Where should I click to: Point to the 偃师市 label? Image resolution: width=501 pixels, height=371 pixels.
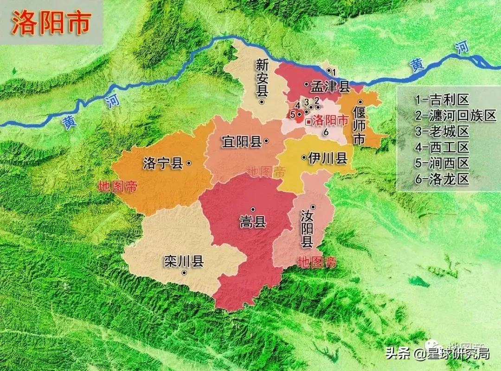tap(360, 125)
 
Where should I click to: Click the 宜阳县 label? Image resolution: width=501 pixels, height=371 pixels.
tap(242, 141)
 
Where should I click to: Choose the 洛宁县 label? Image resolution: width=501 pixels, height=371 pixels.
tap(163, 163)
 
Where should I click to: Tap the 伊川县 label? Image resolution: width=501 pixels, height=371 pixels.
tap(328, 158)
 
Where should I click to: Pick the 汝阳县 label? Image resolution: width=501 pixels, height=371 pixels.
tap(306, 228)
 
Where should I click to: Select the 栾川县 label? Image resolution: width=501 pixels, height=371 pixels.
tap(184, 262)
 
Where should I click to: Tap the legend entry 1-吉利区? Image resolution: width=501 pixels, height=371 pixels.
tap(442, 99)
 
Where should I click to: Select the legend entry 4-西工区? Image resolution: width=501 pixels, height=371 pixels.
tap(442, 147)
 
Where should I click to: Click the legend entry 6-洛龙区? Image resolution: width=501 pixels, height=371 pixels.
tap(442, 179)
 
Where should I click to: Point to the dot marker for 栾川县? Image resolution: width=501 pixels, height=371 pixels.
tap(184, 273)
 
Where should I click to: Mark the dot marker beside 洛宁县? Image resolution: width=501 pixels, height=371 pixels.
tap(188, 163)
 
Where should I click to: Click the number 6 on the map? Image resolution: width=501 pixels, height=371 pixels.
tap(325, 132)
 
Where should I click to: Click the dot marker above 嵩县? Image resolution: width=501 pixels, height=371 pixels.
tap(253, 209)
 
